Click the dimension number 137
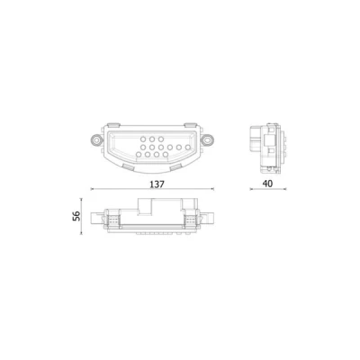coord(157,184)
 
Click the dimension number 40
coord(267,184)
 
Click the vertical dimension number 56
coord(76,216)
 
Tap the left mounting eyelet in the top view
coord(96,139)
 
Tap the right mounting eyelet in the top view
coord(207,139)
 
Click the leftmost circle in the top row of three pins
coord(143,139)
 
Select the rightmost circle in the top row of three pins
coord(161,139)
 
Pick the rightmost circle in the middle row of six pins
coord(188,148)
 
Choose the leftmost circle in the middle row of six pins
coord(143,148)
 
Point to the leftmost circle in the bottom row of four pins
coord(139,155)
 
